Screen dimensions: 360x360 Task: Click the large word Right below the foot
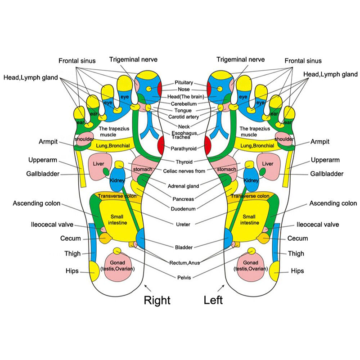pos(157,299)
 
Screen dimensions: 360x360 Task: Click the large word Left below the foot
pos(213,299)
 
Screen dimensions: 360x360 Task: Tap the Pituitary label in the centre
pos(184,83)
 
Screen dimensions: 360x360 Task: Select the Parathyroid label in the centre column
pos(184,148)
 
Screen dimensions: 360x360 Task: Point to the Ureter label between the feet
pos(184,224)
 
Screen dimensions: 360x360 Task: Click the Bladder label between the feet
pos(184,247)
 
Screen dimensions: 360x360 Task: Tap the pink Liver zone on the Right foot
pos(99,164)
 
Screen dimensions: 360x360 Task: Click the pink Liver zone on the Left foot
pos(268,164)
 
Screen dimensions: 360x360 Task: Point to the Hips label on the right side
pos(297,271)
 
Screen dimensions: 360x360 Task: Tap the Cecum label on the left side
pos(70,238)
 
